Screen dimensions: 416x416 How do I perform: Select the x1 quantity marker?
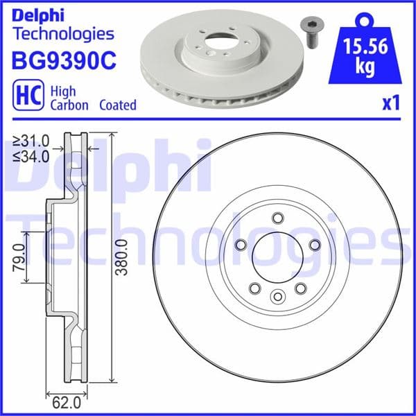click(392, 104)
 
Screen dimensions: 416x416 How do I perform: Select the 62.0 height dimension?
click(62, 401)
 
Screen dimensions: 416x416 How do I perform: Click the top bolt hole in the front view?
click(277, 218)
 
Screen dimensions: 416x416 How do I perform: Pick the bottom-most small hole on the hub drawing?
click(277, 297)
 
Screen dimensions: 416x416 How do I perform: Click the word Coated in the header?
click(117, 105)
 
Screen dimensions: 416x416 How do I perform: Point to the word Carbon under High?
click(69, 105)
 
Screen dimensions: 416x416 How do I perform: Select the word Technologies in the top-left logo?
click(63, 33)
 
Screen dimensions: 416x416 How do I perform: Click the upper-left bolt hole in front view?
click(241, 245)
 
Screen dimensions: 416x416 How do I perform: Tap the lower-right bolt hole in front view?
click(300, 288)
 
